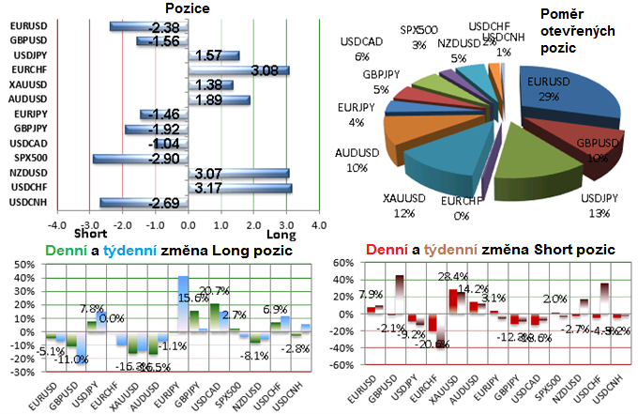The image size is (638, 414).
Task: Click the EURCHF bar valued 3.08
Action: tap(238, 70)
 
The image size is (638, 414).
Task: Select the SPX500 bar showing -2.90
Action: tap(141, 159)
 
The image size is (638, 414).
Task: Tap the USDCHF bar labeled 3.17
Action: tap(239, 188)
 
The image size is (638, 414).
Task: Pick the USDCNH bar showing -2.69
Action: tap(144, 203)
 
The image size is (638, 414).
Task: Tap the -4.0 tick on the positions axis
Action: tap(57, 225)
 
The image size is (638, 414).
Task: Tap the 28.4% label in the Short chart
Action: tap(452, 277)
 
